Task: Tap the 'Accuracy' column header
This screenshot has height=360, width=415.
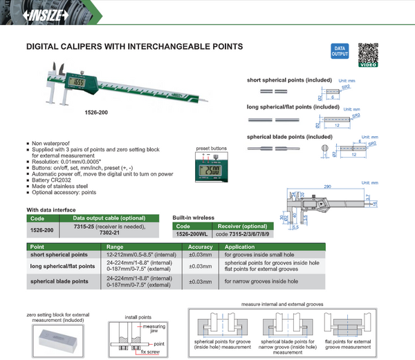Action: (201, 247)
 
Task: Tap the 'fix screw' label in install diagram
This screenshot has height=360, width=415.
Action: (149, 352)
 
